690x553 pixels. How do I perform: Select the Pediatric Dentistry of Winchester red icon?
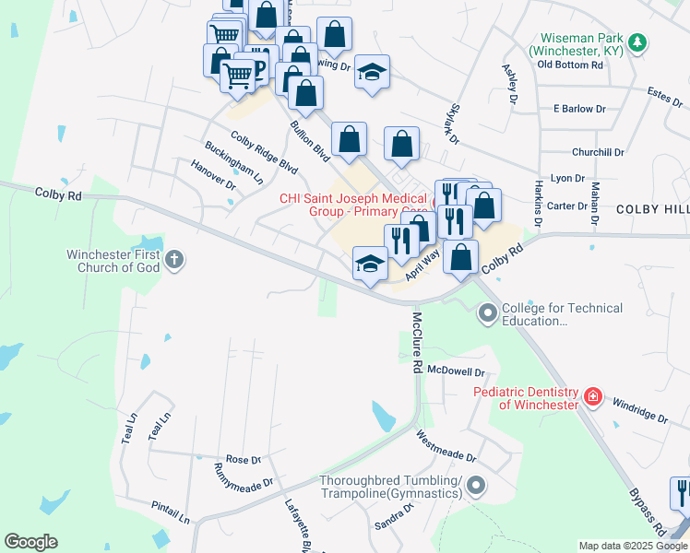click(x=592, y=397)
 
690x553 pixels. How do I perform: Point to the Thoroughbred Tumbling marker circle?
click(x=476, y=484)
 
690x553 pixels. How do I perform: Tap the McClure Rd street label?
click(x=418, y=341)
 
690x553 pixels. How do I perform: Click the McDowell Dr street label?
click(x=456, y=372)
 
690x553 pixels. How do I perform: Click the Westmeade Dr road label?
click(x=446, y=446)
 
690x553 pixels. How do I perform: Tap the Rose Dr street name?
click(x=244, y=459)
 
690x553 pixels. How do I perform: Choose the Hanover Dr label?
click(x=213, y=174)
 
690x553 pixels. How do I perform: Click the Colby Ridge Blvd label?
click(x=265, y=153)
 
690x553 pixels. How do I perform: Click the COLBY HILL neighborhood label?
click(x=652, y=210)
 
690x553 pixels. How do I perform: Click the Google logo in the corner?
click(x=30, y=542)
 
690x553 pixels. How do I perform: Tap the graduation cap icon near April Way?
click(x=370, y=264)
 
